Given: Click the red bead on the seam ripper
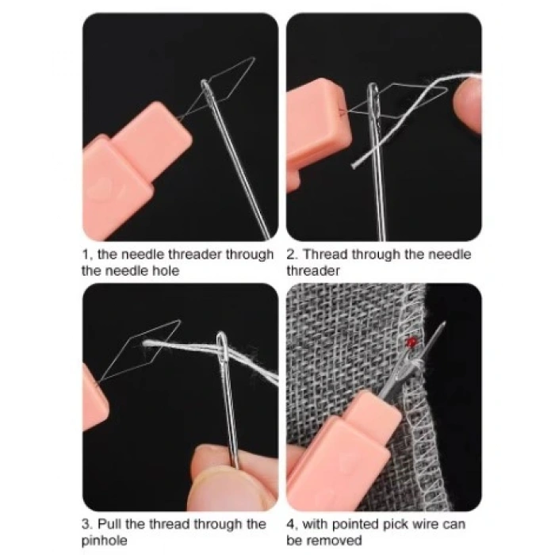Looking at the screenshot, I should coord(411,343).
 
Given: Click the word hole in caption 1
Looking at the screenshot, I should coord(163,270).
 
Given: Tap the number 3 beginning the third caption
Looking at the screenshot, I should coord(86,524).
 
